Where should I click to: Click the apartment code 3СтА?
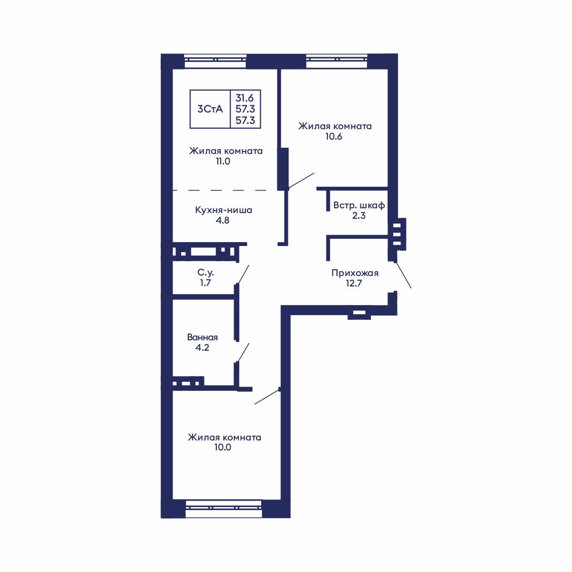[x=210, y=109]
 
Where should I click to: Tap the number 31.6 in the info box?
[x=245, y=98]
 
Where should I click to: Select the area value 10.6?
[x=334, y=136]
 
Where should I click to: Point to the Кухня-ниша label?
[x=224, y=210]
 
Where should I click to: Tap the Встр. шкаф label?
[x=359, y=205]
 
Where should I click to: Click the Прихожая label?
[x=355, y=273]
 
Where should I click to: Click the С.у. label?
[x=205, y=273]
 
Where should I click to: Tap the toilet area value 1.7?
[x=205, y=283]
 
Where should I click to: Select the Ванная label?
[x=202, y=337]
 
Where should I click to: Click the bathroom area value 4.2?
[x=202, y=347]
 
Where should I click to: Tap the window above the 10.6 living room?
[x=337, y=61]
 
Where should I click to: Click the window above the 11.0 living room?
[x=215, y=61]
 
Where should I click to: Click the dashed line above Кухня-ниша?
[x=224, y=190]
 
